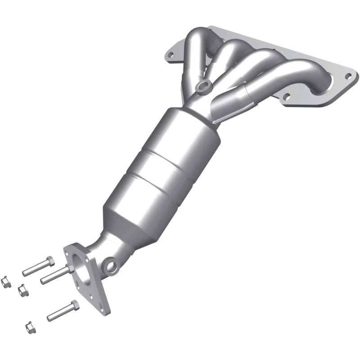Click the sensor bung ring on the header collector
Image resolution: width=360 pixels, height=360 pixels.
[x=203, y=85]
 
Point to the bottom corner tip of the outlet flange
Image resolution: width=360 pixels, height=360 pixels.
[x=108, y=310]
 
